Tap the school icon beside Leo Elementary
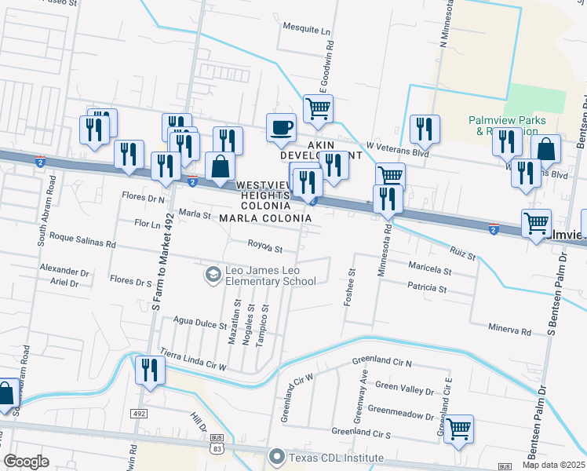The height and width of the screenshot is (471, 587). pos(212,275)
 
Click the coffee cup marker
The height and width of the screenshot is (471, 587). pos(282,127)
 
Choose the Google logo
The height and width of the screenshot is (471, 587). pos(26,462)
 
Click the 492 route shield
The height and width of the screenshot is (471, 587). pos(139,413)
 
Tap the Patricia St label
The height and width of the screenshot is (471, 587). pos(427,289)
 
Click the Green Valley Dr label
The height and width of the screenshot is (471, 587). pos(404,387)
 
